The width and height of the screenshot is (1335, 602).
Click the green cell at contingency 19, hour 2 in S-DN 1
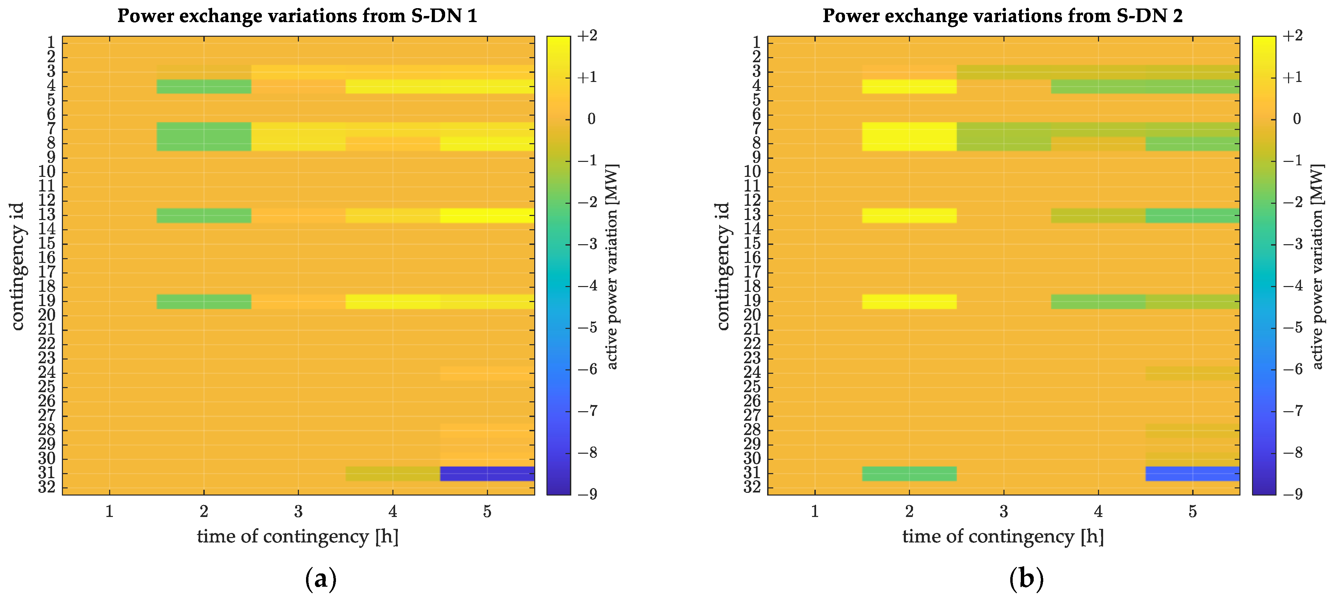click(x=204, y=301)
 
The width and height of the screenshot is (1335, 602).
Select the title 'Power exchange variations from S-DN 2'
click(x=1002, y=16)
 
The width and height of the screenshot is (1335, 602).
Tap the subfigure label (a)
click(x=321, y=579)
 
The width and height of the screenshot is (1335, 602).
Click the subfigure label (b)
click(x=1026, y=579)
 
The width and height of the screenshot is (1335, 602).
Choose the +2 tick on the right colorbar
click(x=1292, y=35)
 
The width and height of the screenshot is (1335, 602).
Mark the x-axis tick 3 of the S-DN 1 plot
click(x=298, y=512)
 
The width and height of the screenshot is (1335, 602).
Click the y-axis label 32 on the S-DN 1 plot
click(x=47, y=487)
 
